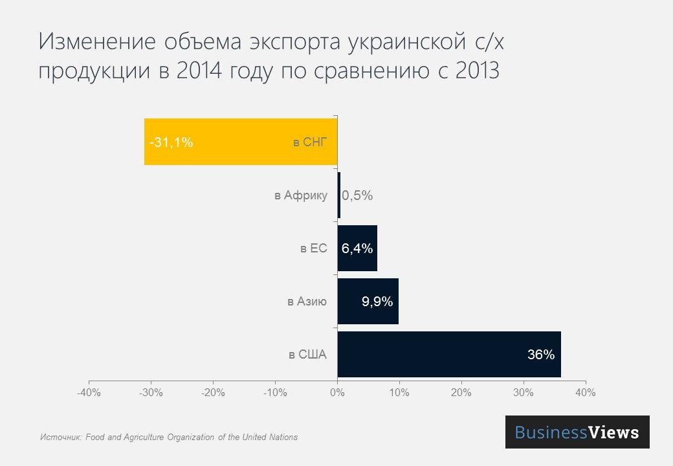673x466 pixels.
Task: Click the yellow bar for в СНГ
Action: click(x=239, y=142)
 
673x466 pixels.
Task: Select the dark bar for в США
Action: click(x=448, y=354)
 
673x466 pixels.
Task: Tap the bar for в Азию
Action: click(x=368, y=301)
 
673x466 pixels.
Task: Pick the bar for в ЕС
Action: click(x=357, y=248)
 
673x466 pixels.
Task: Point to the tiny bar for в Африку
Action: click(x=338, y=195)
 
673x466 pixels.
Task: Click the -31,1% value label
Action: click(x=171, y=142)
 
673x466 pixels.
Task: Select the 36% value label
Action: click(x=541, y=355)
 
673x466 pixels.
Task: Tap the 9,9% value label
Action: click(x=377, y=302)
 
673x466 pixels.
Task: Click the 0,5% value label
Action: click(x=357, y=195)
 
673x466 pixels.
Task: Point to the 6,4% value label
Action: click(x=357, y=249)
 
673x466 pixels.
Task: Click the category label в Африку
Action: click(x=301, y=195)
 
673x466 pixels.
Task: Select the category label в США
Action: click(x=307, y=355)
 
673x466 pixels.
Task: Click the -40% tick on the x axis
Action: click(x=89, y=393)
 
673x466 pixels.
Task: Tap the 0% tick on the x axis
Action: click(x=337, y=393)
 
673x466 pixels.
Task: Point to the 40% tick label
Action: click(x=586, y=393)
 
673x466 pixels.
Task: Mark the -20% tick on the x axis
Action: click(x=213, y=393)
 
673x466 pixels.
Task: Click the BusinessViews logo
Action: click(x=577, y=432)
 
